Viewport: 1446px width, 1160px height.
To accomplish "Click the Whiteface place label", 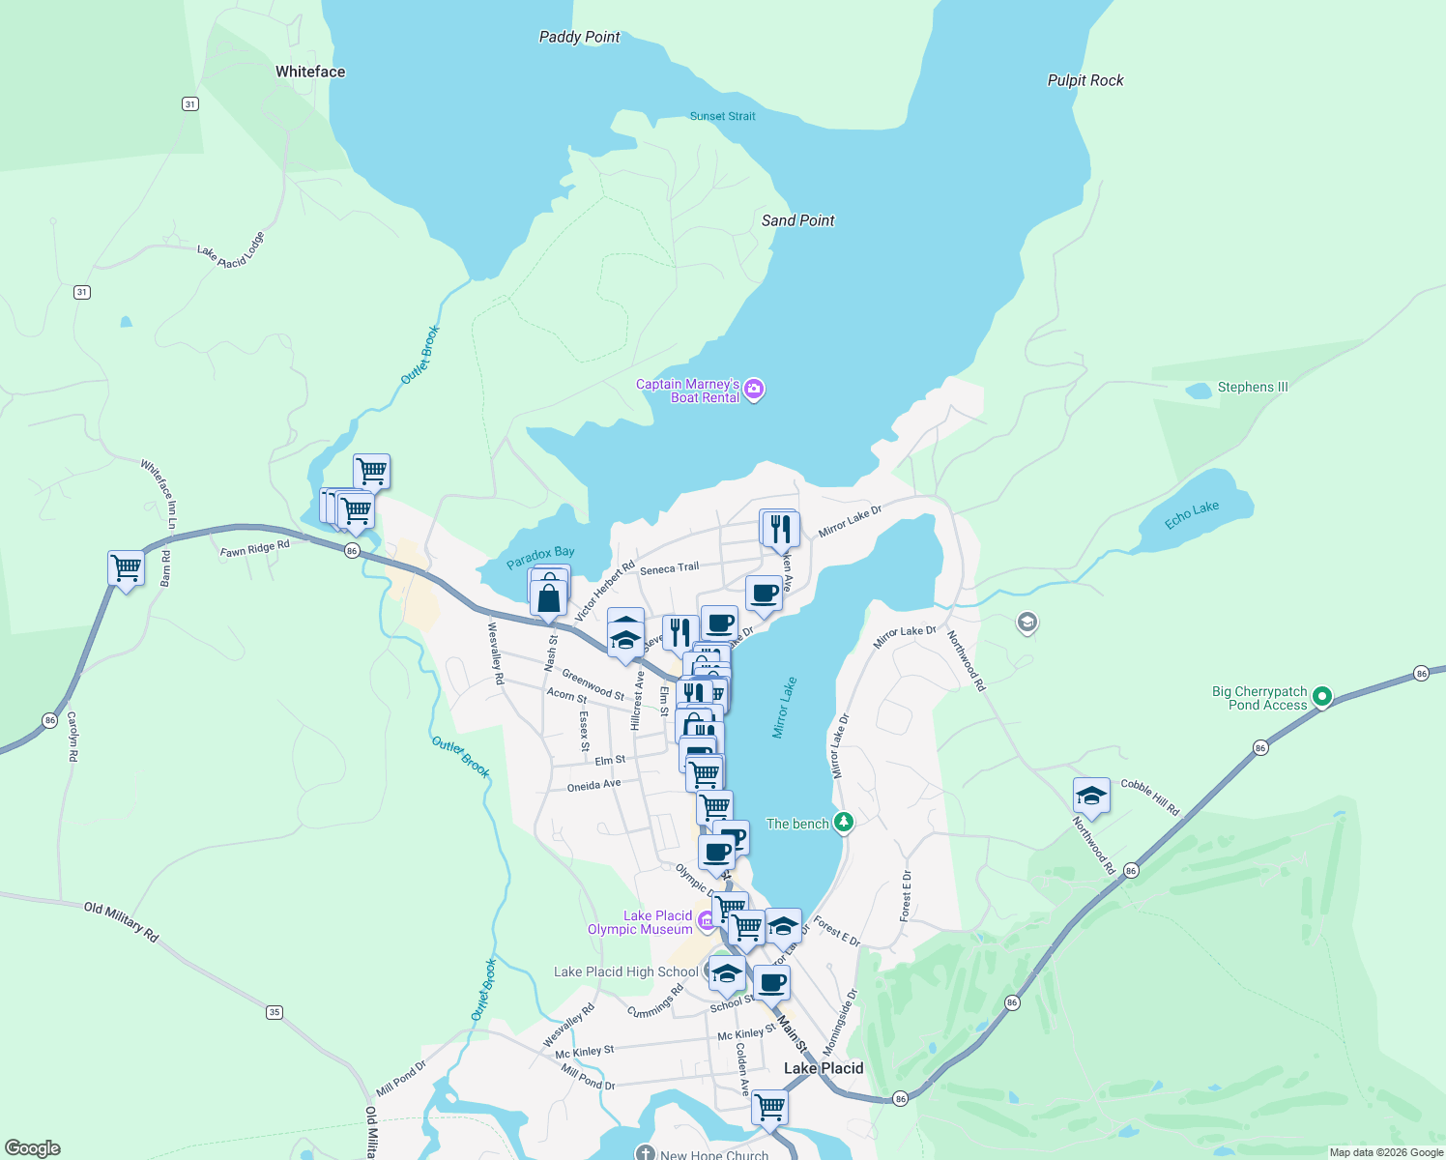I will [x=309, y=72].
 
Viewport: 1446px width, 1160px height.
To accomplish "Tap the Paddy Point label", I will [x=579, y=37].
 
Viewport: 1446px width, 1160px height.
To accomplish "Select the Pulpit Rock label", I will [x=1085, y=80].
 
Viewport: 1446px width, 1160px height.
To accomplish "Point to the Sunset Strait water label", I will [x=722, y=116].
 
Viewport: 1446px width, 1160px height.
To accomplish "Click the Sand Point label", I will [x=797, y=220].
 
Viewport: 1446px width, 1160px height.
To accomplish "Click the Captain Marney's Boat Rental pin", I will [x=755, y=390].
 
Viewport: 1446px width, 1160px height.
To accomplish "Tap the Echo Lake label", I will [x=1191, y=515].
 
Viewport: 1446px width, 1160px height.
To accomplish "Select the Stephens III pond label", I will [x=1252, y=387].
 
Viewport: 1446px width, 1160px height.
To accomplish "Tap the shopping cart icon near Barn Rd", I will [x=127, y=568].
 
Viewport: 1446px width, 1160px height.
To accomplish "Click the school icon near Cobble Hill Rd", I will [x=1090, y=796].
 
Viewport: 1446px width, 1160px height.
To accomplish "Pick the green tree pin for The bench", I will [x=845, y=823].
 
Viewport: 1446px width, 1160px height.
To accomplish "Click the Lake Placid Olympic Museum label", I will [x=640, y=922].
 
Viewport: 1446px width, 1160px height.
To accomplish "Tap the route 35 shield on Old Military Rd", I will [x=275, y=1012].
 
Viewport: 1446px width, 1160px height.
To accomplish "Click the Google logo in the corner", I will [x=32, y=1148].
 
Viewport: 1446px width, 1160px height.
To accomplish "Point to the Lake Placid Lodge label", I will [x=231, y=250].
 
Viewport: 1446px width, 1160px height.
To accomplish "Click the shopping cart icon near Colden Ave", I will [x=770, y=1106].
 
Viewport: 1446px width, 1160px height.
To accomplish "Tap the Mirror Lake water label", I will [x=785, y=708].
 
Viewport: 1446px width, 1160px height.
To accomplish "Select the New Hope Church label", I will [x=713, y=1154].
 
